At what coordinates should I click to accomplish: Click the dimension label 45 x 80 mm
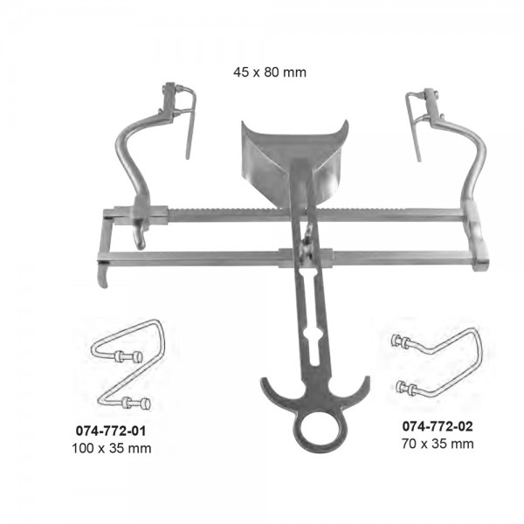coord(270,72)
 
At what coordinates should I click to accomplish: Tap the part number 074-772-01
coord(111,431)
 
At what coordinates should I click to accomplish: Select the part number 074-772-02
coord(438,426)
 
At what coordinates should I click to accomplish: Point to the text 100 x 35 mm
coord(112,448)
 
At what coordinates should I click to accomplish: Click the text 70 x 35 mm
coord(438,444)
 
